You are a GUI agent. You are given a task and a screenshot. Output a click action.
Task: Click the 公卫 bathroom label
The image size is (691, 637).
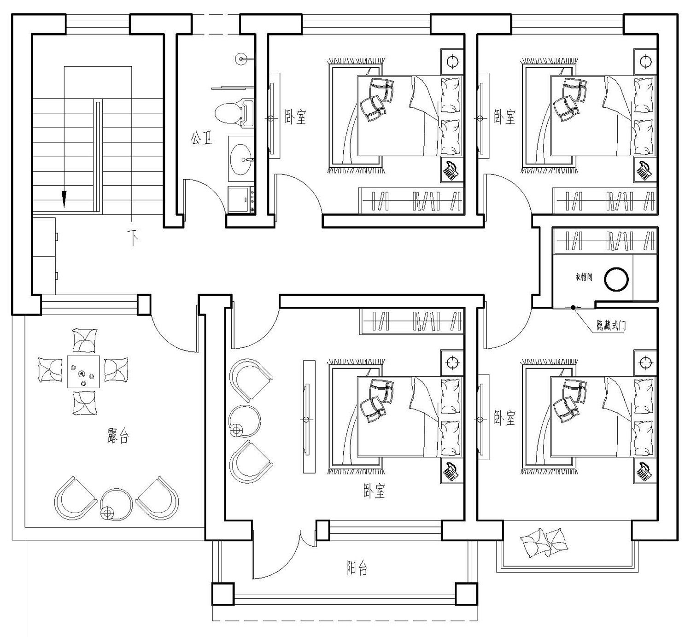tap(201, 138)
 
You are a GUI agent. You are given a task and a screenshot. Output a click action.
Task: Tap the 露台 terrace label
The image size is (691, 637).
tap(118, 436)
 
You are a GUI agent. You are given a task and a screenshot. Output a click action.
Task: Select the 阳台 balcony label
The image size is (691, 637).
tap(357, 568)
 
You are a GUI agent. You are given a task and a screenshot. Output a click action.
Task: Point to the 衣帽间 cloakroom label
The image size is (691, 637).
tap(583, 277)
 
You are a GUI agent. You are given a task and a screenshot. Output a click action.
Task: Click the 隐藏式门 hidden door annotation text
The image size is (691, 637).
tap(611, 326)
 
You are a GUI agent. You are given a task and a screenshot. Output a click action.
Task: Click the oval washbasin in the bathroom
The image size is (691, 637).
tap(240, 159)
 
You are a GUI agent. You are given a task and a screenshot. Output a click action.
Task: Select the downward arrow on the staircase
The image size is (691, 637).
tap(64, 198)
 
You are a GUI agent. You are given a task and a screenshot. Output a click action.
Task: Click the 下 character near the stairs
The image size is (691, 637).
tap(134, 238)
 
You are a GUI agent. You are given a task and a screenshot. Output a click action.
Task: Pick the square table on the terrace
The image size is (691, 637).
tap(83, 372)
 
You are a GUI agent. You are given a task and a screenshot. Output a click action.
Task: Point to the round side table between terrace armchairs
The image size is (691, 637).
tap(116, 505)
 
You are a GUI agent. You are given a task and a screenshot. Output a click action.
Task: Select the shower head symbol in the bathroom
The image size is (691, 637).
tap(240, 58)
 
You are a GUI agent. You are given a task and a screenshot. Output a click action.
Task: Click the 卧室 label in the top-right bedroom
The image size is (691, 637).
tap(505, 117)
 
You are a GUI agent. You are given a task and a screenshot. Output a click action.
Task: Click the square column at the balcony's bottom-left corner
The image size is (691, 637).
tap(223, 594)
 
